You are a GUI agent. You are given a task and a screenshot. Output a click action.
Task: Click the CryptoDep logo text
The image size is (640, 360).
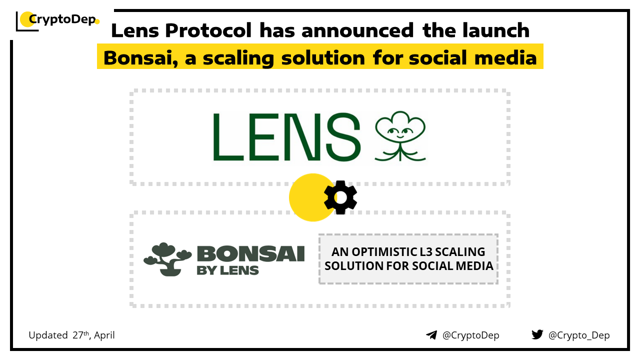62,19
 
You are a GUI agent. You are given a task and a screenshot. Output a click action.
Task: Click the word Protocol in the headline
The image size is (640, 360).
208,30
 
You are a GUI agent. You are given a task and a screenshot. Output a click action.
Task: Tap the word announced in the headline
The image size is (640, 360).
357,30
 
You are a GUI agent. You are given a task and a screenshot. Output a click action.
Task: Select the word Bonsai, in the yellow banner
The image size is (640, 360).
141,58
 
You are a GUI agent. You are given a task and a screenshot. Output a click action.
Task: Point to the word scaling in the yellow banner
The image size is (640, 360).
238,58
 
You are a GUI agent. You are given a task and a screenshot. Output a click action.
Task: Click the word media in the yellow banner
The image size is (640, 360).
505,57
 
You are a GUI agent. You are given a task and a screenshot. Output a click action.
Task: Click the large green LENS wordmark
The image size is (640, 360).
286,136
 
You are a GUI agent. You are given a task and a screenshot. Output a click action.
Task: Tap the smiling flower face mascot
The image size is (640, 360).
400,136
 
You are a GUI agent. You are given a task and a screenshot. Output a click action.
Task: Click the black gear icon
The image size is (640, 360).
340,197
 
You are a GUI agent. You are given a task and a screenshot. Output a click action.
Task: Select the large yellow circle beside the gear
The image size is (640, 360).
311,197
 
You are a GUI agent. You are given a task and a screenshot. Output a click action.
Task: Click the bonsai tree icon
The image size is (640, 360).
167,259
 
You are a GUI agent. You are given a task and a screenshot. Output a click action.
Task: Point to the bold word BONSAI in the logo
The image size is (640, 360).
251,253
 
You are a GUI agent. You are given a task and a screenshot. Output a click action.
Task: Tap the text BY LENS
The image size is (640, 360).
227,270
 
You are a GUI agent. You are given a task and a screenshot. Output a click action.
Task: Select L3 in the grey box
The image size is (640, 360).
425,252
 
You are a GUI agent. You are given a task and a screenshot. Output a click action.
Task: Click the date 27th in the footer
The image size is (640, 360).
81,335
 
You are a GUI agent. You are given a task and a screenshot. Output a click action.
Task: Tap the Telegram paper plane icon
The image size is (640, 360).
431,335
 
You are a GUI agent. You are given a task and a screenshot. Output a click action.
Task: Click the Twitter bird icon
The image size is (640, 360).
537,334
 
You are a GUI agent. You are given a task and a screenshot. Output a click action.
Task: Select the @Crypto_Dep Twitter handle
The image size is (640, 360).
579,335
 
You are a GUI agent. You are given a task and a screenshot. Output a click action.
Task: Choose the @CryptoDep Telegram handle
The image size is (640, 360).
470,335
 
